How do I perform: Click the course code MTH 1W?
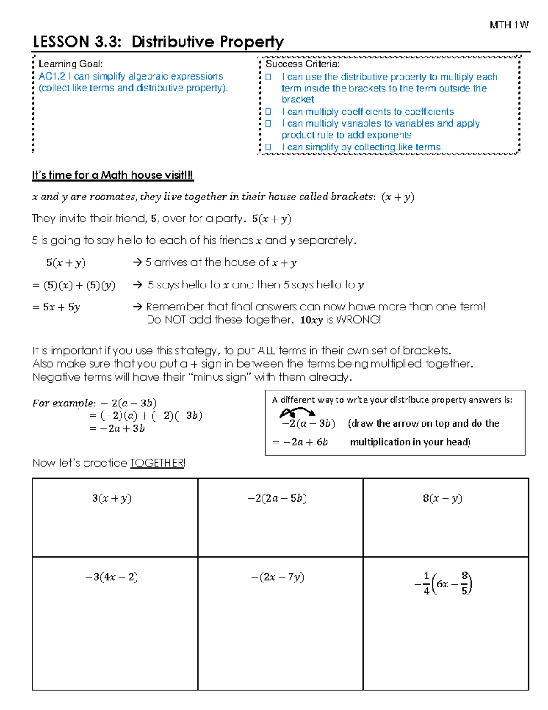(509, 25)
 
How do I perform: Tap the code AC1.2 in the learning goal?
(52, 76)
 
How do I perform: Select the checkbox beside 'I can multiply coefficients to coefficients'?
(268, 112)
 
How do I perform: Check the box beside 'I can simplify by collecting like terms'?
(268, 147)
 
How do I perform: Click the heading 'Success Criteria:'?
(302, 64)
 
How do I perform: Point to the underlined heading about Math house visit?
(112, 175)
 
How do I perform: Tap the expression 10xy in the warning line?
(311, 320)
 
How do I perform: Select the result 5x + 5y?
(57, 307)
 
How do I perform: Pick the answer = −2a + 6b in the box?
(300, 442)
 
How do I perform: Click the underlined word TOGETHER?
(157, 463)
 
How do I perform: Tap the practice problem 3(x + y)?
(112, 498)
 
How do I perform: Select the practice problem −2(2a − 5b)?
(277, 498)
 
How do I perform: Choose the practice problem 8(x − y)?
(442, 498)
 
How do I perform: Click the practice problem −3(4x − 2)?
(112, 577)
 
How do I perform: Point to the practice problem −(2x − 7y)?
(277, 577)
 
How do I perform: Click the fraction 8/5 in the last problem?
(464, 583)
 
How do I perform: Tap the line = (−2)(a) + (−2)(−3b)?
(145, 416)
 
